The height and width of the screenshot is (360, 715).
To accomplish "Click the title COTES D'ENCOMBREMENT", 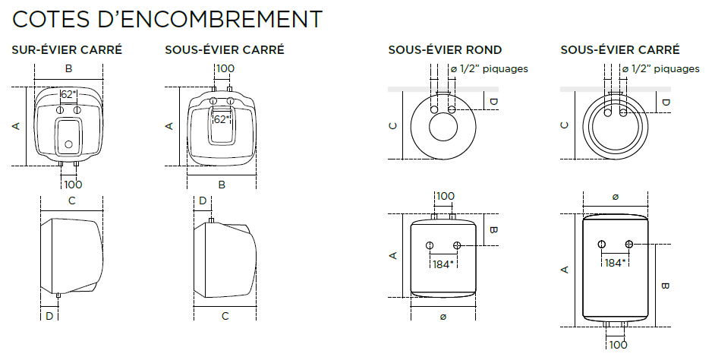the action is pos(167,19).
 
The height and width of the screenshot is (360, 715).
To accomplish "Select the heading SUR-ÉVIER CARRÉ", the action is pos(67,49).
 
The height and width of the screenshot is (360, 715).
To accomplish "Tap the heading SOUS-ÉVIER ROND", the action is pos(445,49).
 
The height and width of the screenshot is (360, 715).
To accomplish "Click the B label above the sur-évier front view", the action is pos(69,69).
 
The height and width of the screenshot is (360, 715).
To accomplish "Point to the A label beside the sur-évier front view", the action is pos(17,125).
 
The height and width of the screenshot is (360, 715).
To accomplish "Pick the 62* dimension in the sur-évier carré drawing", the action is pos(68,94).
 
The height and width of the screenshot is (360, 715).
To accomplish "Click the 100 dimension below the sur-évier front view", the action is pos(73,185).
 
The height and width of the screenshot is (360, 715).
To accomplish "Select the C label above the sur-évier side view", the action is pos(71,201).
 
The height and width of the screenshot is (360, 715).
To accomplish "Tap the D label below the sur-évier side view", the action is pos(49,316).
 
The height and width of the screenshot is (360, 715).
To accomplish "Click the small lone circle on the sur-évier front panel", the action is pos(68,144).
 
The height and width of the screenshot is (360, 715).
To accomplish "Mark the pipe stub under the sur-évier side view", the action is pos(58,295).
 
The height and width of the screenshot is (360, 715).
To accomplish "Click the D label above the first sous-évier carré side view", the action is pos(203,201).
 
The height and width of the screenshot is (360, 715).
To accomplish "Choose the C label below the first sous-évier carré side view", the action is pos(225,316).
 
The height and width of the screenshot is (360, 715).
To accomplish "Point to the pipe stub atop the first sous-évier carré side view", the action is pos(211,221).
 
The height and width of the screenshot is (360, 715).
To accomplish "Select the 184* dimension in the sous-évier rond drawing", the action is pos(443,264).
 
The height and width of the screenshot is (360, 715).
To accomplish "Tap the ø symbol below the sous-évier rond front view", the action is pos(443,317).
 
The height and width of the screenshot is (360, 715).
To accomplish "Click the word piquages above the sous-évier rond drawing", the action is pos(506,69).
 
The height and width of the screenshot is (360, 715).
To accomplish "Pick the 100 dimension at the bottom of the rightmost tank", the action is pos(618,345).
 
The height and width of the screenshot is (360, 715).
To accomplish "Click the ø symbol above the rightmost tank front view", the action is pos(615,197).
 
